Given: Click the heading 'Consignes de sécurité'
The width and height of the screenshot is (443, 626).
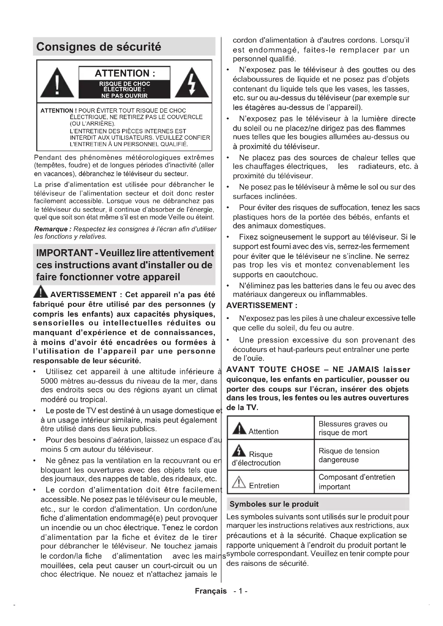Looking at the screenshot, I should (99, 47).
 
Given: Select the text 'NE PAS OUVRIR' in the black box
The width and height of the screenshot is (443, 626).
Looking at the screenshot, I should (124, 96).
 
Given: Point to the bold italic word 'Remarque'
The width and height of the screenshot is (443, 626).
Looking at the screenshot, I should (51, 229).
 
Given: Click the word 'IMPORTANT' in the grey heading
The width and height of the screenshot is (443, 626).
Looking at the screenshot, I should (64, 253).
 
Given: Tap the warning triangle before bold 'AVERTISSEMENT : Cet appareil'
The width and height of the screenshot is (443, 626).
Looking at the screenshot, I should (40, 292).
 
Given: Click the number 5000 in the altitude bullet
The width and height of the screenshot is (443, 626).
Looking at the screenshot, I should (50, 381).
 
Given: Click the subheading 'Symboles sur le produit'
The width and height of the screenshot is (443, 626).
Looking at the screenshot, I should (274, 504).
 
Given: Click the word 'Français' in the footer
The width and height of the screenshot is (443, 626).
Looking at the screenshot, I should (211, 591).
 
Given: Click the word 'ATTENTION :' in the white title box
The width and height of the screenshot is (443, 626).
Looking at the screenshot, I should (125, 73).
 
